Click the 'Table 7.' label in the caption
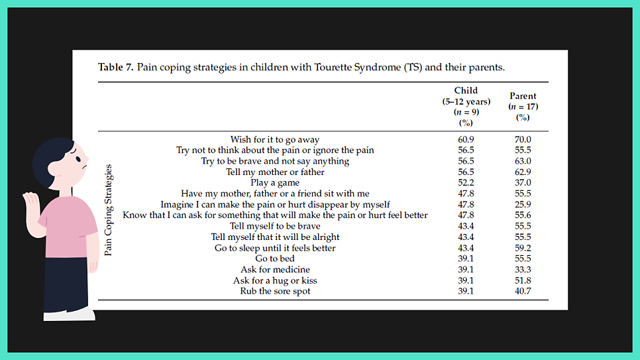click(x=116, y=68)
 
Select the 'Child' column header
click(x=466, y=90)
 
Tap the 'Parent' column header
click(x=523, y=96)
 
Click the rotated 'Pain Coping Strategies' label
click(x=109, y=210)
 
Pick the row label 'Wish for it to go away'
click(x=275, y=139)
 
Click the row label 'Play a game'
click(x=275, y=182)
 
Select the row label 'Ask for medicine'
click(x=275, y=269)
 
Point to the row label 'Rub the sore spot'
click(x=275, y=291)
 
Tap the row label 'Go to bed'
click(x=275, y=259)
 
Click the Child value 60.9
click(x=466, y=139)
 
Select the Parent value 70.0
click(x=523, y=139)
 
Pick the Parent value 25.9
click(x=523, y=204)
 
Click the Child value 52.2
click(x=466, y=182)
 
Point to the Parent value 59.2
click(x=523, y=248)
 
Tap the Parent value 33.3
click(x=523, y=269)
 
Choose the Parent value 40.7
click(x=523, y=291)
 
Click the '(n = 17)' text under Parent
click(x=523, y=107)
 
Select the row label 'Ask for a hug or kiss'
click(x=275, y=280)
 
